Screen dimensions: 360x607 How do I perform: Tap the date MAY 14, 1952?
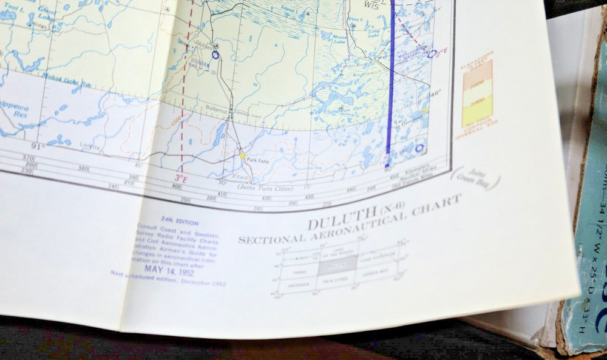169,271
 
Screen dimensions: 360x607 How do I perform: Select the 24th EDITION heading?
180,223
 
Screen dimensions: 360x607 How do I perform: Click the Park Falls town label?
257,160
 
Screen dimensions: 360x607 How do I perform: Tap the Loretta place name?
89,147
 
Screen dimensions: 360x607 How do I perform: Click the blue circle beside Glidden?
215,55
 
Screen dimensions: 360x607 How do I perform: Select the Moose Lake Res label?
67,77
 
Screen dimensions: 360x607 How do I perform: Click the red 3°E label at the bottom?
181,178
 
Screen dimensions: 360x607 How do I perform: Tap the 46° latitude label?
435,93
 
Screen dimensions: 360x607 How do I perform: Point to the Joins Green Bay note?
476,178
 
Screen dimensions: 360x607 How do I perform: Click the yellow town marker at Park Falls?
242,155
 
